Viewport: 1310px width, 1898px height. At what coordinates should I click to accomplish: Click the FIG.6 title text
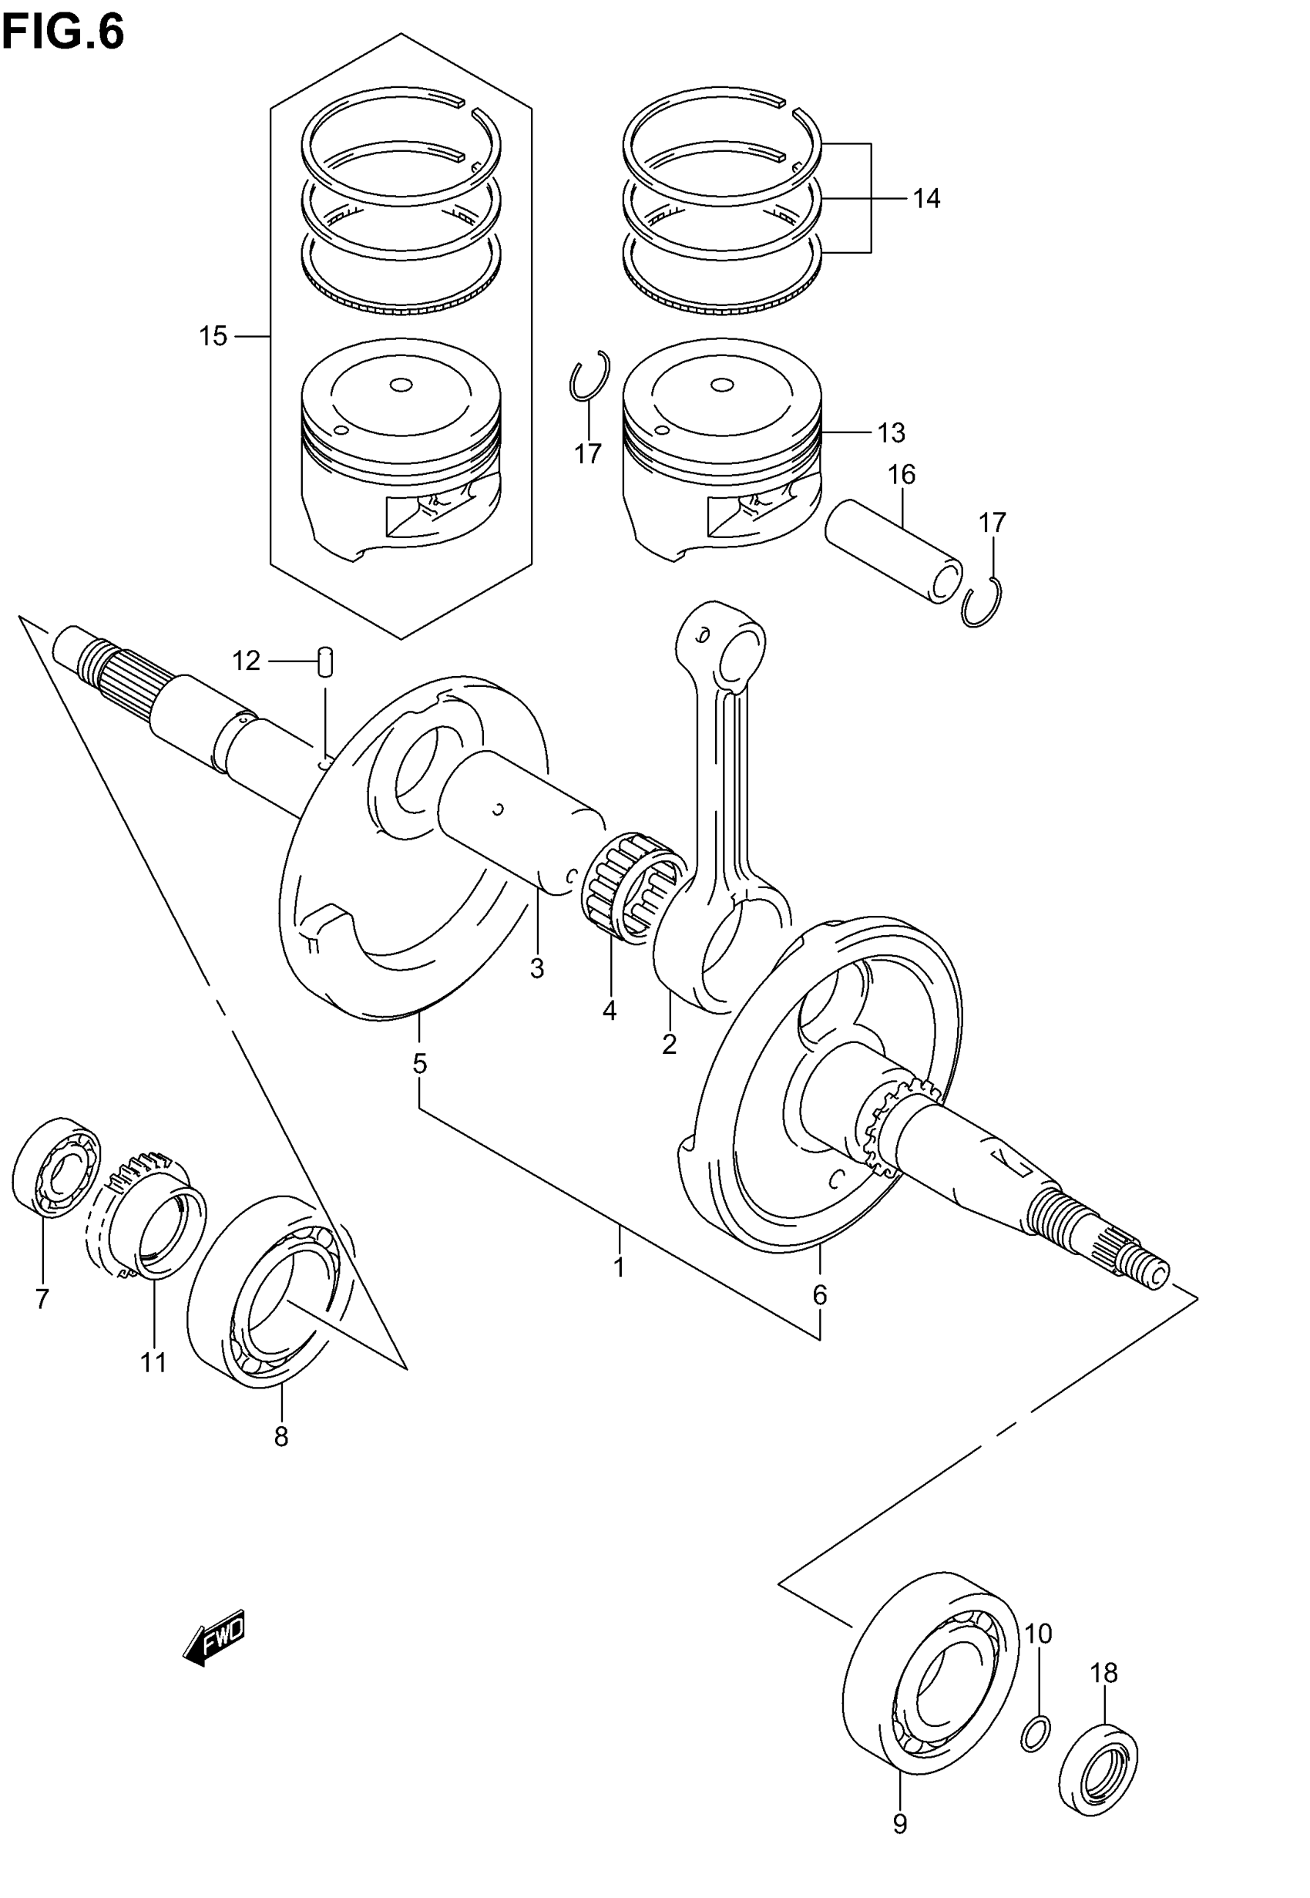coord(63,33)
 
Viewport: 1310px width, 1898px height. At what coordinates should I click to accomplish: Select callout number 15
coord(213,336)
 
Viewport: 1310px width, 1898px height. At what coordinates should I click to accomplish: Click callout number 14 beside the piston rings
coord(927,199)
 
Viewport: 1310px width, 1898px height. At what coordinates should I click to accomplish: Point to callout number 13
coord(892,432)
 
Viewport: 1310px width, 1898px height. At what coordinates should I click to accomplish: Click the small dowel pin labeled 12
coord(325,661)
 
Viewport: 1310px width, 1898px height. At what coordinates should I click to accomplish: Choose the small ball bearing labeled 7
coord(55,1167)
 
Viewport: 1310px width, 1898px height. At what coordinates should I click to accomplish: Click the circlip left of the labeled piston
coord(589,376)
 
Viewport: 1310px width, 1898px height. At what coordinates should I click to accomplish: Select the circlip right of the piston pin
coord(982,604)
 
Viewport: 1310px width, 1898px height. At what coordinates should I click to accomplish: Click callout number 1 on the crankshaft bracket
coord(620,1267)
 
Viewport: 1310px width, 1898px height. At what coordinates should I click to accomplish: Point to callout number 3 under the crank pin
coord(537,969)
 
